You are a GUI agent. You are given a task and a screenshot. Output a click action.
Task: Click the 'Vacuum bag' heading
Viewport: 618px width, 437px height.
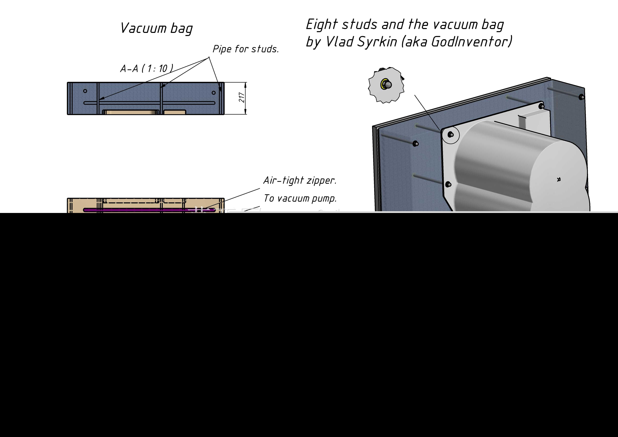156,28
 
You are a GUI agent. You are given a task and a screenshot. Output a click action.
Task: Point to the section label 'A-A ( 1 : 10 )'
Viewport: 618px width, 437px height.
147,68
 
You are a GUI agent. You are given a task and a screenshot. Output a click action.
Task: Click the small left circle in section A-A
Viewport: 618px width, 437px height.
85,91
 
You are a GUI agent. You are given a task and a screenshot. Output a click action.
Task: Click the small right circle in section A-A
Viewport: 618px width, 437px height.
214,93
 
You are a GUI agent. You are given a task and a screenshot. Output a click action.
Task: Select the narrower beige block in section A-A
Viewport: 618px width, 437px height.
175,112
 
